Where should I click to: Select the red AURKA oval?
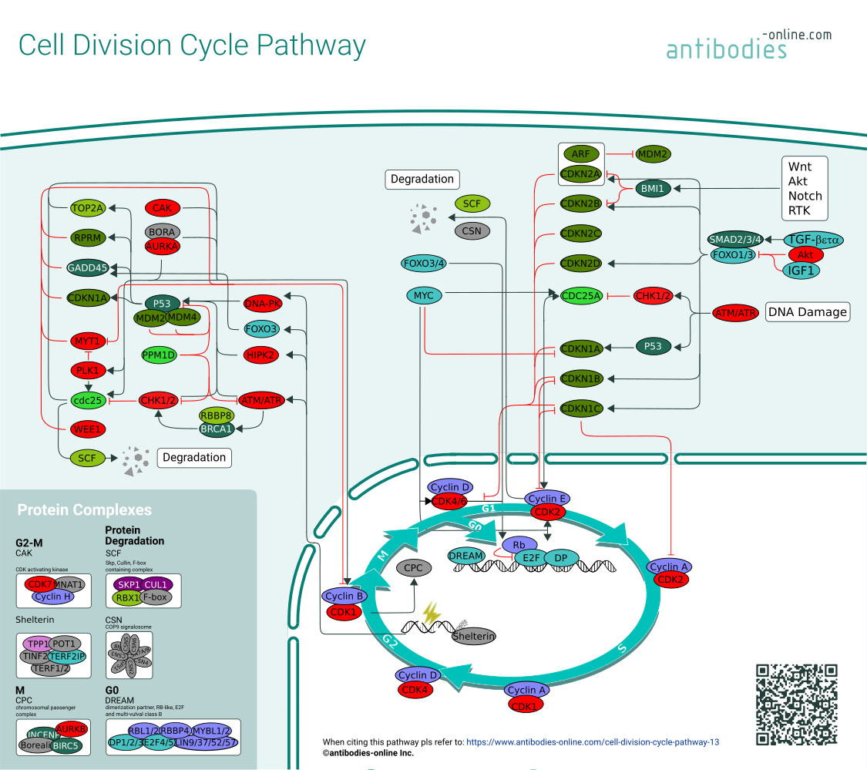162,247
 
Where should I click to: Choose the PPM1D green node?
160,355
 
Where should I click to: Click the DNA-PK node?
262,303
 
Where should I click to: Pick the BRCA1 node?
217,429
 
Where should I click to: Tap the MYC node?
424,296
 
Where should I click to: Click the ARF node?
580,154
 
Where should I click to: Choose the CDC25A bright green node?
580,296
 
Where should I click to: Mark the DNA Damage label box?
807,312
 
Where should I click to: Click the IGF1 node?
801,271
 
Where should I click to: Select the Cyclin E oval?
547,499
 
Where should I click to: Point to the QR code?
796,704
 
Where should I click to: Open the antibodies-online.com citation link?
593,742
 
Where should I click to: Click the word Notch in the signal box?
805,196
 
